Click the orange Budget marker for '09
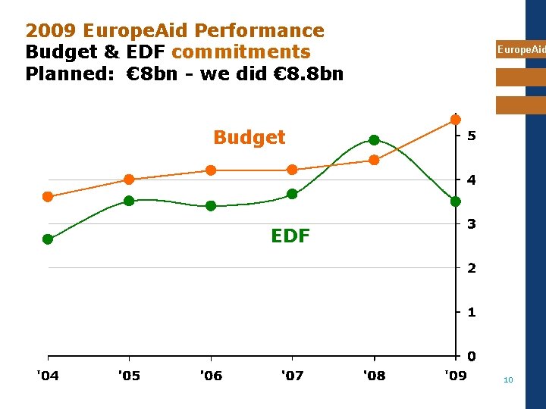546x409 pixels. click(456, 120)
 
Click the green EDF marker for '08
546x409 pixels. click(374, 140)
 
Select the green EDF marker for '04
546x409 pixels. click(48, 239)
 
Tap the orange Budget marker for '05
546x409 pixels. click(129, 180)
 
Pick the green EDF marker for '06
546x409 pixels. click(211, 206)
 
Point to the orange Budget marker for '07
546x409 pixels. click(292, 170)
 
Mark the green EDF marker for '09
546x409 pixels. click(456, 201)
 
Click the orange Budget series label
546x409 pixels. click(249, 137)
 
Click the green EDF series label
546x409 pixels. click(290, 236)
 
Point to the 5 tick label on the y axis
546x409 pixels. click(472, 136)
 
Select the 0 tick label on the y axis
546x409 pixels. click(472, 356)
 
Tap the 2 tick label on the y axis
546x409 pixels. click(472, 268)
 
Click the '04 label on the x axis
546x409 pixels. click(47, 376)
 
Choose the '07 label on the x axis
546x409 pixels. click(292, 376)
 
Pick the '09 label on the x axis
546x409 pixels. click(455, 376)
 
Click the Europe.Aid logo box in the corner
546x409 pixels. click(520, 50)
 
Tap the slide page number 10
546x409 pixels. click(508, 379)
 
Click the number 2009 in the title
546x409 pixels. click(51, 31)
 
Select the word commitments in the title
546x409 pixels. click(241, 52)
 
